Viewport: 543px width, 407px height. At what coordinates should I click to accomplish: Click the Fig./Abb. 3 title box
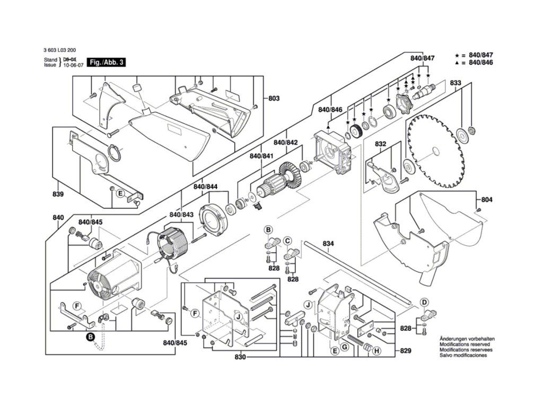coord(108,62)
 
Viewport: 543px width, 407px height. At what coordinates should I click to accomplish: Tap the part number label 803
coord(274,99)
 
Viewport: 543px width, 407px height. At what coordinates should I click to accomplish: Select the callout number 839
coord(58,194)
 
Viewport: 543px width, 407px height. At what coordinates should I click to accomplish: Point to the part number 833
coord(456,83)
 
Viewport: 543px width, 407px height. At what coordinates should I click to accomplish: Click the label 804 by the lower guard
coord(487,200)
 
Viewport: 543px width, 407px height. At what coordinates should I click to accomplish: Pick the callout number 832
coord(380,144)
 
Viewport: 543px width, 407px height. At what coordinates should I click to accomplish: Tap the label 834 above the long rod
coord(329,244)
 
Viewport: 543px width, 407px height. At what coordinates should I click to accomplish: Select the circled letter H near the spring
coord(376,351)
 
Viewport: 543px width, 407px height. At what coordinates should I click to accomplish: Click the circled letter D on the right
coord(424,302)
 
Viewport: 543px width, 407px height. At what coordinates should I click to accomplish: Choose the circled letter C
coord(287,241)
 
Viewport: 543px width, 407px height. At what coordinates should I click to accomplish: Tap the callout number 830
coord(240,357)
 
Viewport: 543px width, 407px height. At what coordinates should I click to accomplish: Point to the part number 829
coord(406,351)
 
